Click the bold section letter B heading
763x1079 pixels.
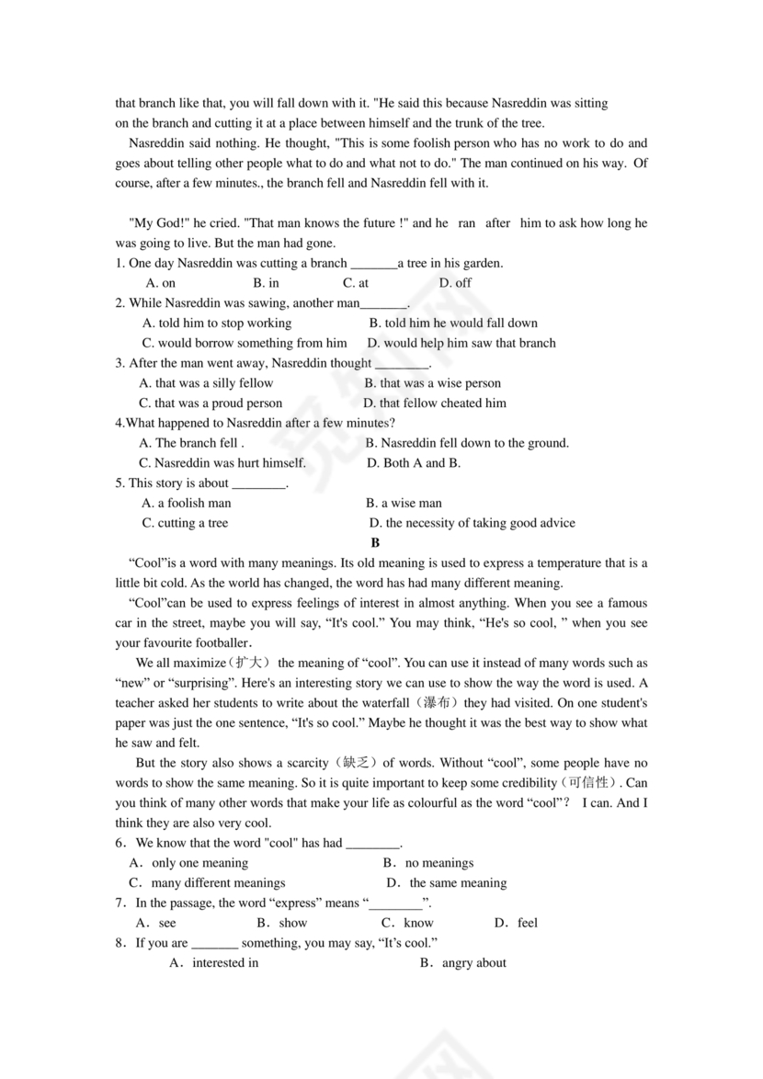[x=375, y=543]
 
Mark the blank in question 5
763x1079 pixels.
[x=258, y=483]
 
